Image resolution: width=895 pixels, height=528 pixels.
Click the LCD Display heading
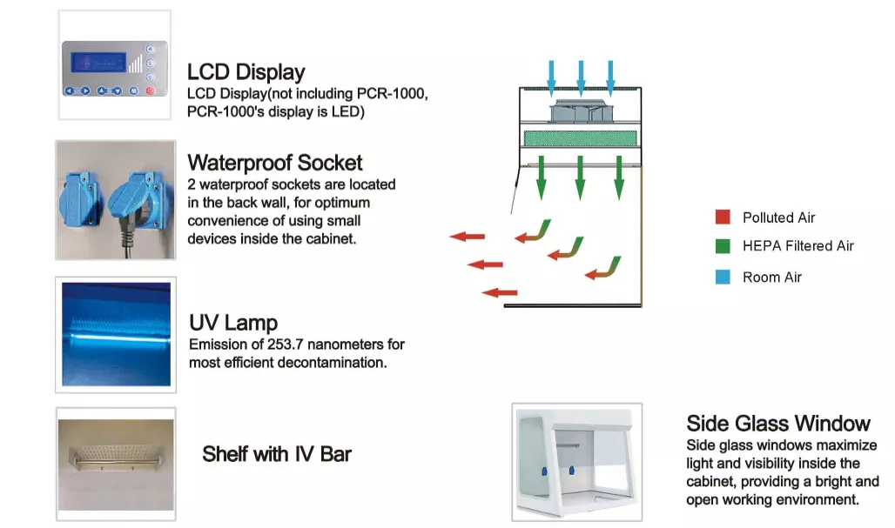tap(246, 71)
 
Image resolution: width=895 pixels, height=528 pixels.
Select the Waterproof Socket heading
tap(275, 163)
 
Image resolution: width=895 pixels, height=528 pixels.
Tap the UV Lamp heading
tap(233, 323)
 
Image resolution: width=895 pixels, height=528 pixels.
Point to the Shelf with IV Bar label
tap(277, 453)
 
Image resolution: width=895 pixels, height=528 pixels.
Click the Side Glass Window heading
tap(778, 424)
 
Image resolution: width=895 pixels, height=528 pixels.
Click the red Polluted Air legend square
tap(722, 217)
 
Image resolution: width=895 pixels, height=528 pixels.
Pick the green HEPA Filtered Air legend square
tap(722, 246)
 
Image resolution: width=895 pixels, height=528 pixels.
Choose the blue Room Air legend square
tap(722, 277)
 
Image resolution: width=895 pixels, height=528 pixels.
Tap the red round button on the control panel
tap(151, 90)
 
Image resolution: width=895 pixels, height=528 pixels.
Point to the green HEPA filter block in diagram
tap(580, 138)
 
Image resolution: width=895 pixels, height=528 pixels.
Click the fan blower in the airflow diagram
tap(580, 109)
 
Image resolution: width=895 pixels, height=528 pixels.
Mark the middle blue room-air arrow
tap(581, 77)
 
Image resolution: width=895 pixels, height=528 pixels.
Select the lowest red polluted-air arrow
tap(500, 293)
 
